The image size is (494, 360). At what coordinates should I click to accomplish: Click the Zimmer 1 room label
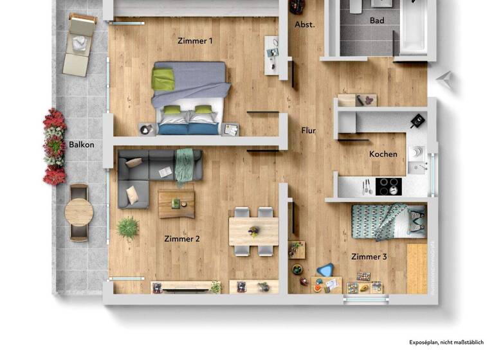[x=195, y=40]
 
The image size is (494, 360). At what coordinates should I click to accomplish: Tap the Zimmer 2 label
[x=182, y=239]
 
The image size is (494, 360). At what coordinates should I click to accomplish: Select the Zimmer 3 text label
[x=369, y=256]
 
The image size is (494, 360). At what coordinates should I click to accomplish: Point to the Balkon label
[x=82, y=145]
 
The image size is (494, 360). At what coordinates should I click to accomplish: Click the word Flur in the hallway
[x=309, y=130]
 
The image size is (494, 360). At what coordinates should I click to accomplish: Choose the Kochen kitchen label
[x=383, y=154]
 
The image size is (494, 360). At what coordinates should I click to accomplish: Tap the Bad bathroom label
[x=377, y=21]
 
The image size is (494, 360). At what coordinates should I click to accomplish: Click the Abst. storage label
[x=305, y=24]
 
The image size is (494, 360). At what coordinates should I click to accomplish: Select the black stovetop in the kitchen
[x=388, y=186]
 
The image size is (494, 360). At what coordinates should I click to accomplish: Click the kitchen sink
[x=416, y=152]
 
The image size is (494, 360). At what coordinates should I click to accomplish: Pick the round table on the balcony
[x=79, y=212]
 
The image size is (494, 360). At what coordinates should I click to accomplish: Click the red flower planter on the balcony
[x=55, y=147]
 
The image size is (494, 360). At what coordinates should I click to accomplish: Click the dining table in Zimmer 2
[x=253, y=231]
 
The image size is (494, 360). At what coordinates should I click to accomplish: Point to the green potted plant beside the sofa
[x=128, y=227]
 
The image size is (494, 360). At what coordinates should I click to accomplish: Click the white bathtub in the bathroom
[x=413, y=28]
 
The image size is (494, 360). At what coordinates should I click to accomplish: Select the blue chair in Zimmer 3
[x=325, y=269]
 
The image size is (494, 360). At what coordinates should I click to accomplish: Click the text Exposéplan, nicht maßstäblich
[x=446, y=343]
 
